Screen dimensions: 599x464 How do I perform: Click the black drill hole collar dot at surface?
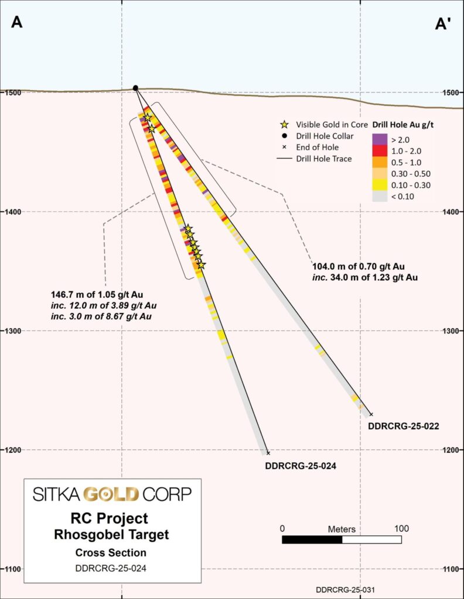pyautogui.click(x=135, y=88)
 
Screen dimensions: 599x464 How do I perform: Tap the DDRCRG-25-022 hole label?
pyautogui.click(x=404, y=426)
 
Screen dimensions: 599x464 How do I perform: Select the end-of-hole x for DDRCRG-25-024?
pyautogui.click(x=268, y=453)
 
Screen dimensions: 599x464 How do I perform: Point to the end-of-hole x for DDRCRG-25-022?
pyautogui.click(x=371, y=414)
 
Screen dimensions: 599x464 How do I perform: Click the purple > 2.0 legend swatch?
pyautogui.click(x=380, y=139)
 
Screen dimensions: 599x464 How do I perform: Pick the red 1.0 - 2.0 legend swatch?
pyautogui.click(x=380, y=151)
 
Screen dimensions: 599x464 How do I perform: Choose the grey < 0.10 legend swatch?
pyautogui.click(x=380, y=197)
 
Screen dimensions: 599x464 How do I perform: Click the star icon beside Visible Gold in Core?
pyautogui.click(x=285, y=125)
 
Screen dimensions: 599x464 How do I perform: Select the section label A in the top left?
pyautogui.click(x=17, y=23)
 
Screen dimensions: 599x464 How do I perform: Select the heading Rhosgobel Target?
pyautogui.click(x=111, y=534)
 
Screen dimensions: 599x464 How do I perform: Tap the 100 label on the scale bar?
pyautogui.click(x=402, y=528)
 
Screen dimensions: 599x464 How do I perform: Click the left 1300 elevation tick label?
pyautogui.click(x=11, y=331)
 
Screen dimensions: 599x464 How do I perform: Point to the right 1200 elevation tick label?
pyautogui.click(x=451, y=450)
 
